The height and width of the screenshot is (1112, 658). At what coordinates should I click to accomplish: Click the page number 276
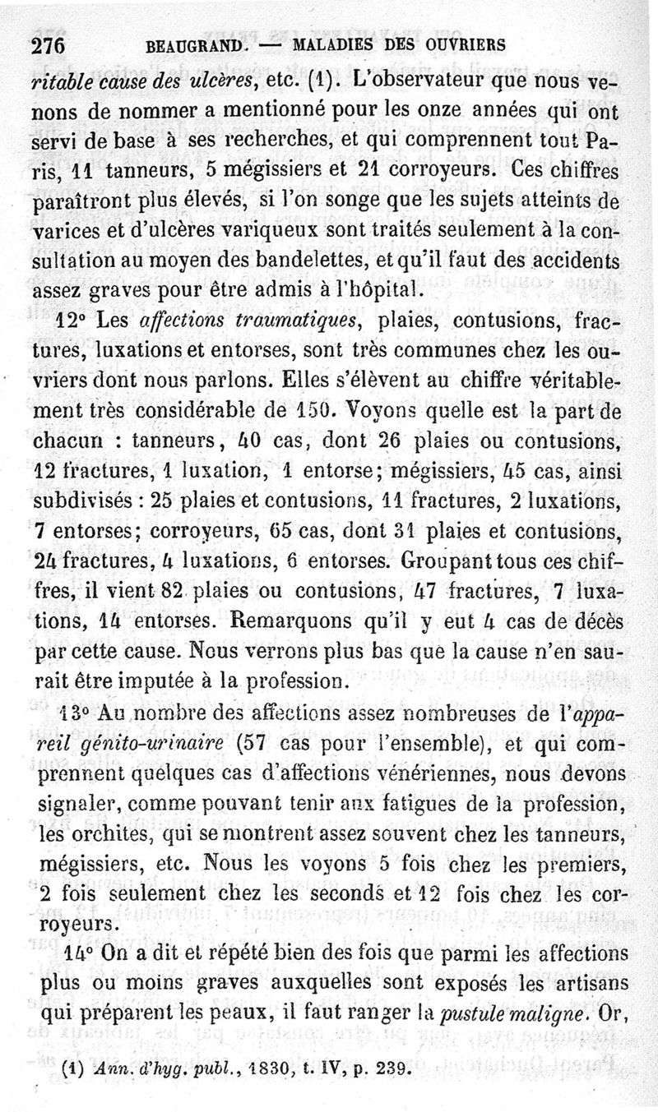click(48, 47)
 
